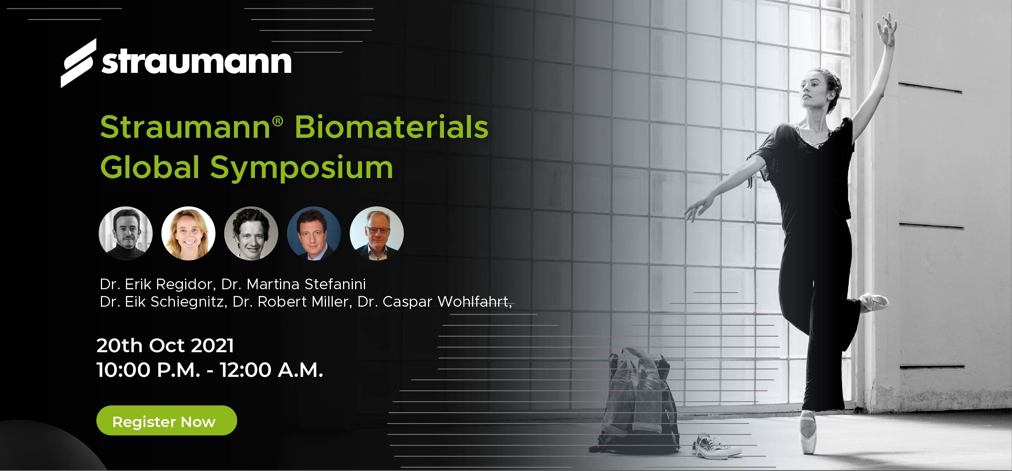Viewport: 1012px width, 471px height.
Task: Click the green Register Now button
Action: (x=167, y=420)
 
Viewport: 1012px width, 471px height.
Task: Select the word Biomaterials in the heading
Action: (x=391, y=127)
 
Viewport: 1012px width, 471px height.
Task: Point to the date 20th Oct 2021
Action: (x=165, y=346)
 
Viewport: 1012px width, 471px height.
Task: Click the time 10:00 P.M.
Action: (x=148, y=370)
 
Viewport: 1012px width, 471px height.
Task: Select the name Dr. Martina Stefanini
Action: (x=293, y=284)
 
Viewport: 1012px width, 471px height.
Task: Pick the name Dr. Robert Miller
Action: (x=292, y=301)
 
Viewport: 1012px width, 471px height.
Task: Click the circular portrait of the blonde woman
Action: (x=189, y=233)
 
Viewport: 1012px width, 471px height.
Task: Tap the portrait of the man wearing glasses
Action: (x=377, y=233)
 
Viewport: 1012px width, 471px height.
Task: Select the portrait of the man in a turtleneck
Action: (x=126, y=233)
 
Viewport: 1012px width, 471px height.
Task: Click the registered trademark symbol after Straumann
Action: (x=277, y=121)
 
